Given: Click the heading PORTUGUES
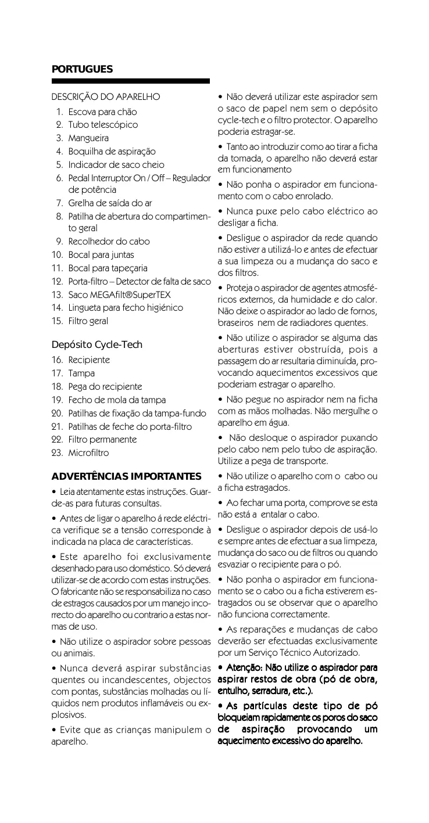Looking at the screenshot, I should pyautogui.click(x=82, y=69).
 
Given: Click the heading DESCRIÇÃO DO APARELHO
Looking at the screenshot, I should pyautogui.click(x=106, y=96).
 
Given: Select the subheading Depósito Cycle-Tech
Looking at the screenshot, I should pyautogui.click(x=96, y=344).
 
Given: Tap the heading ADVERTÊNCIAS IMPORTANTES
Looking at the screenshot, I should pyautogui.click(x=126, y=477).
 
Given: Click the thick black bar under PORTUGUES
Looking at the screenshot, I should pyautogui.click(x=130, y=81).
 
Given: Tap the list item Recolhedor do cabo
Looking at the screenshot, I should pyautogui.click(x=109, y=242).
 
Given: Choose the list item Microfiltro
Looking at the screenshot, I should pyautogui.click(x=88, y=452).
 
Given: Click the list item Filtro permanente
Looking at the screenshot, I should pyautogui.click(x=102, y=439).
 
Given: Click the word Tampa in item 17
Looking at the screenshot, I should pyautogui.click(x=81, y=373).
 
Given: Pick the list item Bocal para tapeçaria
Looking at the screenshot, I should pyautogui.click(x=108, y=268).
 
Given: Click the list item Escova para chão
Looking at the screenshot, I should pyautogui.click(x=102, y=112).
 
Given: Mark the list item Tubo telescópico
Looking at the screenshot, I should pyautogui.click(x=103, y=125).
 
